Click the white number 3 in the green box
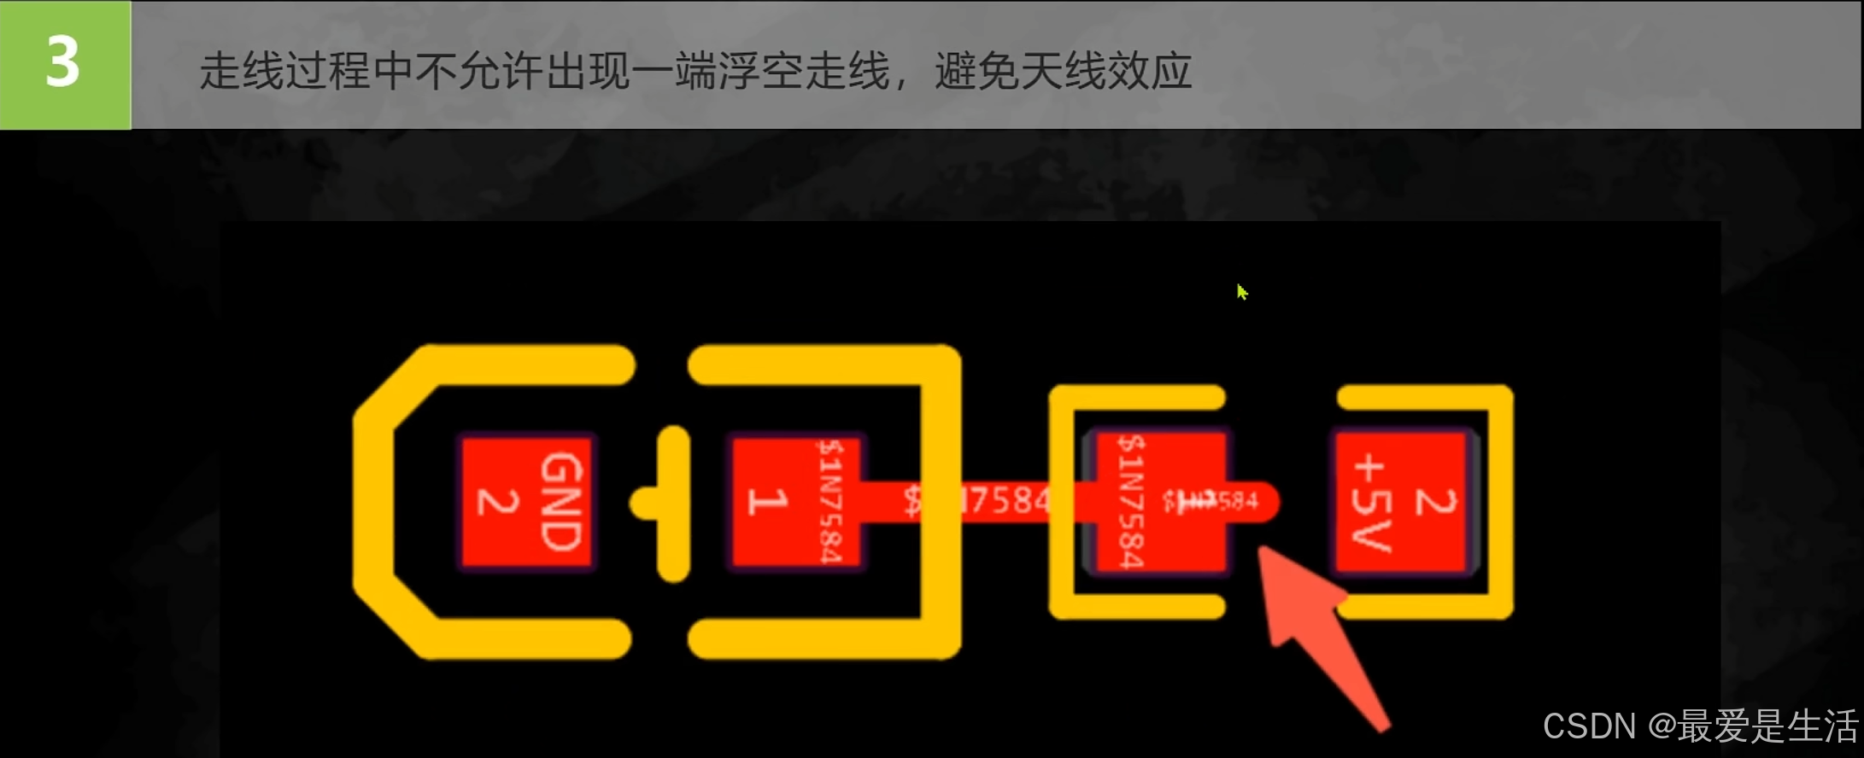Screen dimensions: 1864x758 click(63, 62)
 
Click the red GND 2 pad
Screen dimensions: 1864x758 click(526, 502)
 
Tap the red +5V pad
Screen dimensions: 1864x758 click(1401, 502)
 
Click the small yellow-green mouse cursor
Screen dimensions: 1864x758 click(1241, 292)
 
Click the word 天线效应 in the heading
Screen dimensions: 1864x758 click(1064, 71)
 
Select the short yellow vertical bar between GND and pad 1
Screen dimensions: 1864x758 click(674, 504)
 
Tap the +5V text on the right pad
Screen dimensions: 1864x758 click(1372, 504)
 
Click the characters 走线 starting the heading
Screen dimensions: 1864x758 click(242, 71)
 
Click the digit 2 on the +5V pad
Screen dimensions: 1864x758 click(1435, 502)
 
